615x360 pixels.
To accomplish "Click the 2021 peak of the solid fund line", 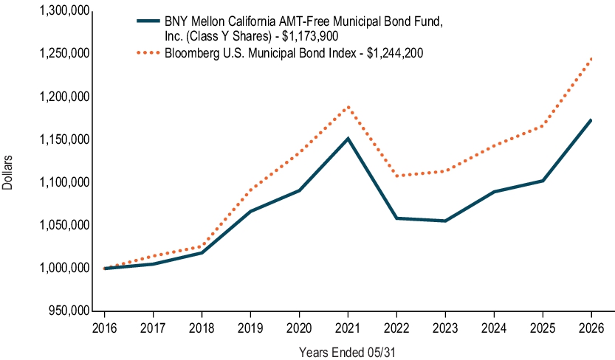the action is point(348,138).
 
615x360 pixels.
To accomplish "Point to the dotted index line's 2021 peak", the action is point(348,106).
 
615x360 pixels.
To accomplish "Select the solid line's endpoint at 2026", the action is point(591,120).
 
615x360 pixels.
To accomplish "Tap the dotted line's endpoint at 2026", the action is point(591,59).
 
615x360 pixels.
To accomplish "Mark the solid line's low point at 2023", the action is point(444,221).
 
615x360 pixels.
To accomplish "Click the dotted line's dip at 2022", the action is point(396,176).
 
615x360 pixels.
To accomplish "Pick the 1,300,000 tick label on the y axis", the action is point(65,10).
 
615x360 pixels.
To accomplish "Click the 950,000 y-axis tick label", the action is point(69,311).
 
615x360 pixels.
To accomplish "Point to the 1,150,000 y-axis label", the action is point(65,139).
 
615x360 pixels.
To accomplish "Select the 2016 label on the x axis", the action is point(104,328).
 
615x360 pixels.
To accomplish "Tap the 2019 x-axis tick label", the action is point(250,328).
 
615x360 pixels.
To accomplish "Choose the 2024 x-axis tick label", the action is point(494,328).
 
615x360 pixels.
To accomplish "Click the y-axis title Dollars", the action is point(7,173).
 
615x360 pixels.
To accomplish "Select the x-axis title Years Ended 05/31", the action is point(347,352).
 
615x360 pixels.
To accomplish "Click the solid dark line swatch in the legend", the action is point(148,21).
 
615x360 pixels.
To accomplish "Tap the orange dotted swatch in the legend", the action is point(148,52).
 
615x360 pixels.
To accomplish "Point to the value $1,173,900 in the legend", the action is point(310,36).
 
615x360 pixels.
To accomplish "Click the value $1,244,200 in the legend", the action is point(395,53).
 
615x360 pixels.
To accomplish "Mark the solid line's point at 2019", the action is point(250,211).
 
